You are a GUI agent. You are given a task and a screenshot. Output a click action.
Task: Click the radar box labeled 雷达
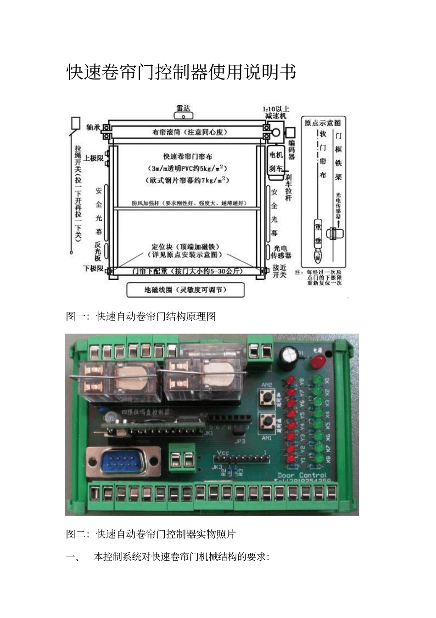tap(184, 110)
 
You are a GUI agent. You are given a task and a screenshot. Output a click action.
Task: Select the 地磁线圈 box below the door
tap(185, 290)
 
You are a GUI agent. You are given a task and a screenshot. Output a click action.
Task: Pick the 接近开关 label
tap(279, 271)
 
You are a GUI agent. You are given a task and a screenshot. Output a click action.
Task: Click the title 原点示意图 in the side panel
tap(323, 123)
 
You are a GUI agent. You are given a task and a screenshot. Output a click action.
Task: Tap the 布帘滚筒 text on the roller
tap(190, 132)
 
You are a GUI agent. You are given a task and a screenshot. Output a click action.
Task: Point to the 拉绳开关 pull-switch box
tap(76, 123)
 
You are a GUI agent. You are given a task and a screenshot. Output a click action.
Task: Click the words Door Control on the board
tap(302, 475)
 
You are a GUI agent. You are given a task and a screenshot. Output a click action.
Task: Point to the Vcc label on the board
tap(223, 452)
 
